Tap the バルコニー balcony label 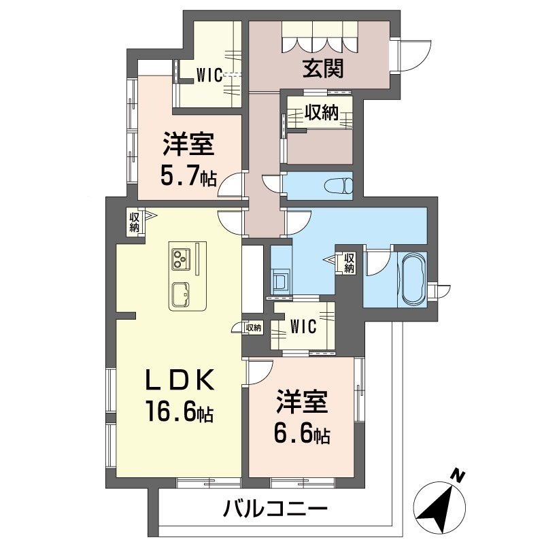pyautogui.click(x=276, y=509)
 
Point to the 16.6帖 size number pyautogui.click(x=178, y=411)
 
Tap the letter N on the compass pyautogui.click(x=460, y=475)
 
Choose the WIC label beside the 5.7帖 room pyautogui.click(x=209, y=75)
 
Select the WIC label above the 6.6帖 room pyautogui.click(x=303, y=327)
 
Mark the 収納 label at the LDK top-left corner pyautogui.click(x=135, y=223)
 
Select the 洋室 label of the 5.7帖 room pyautogui.click(x=188, y=146)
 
